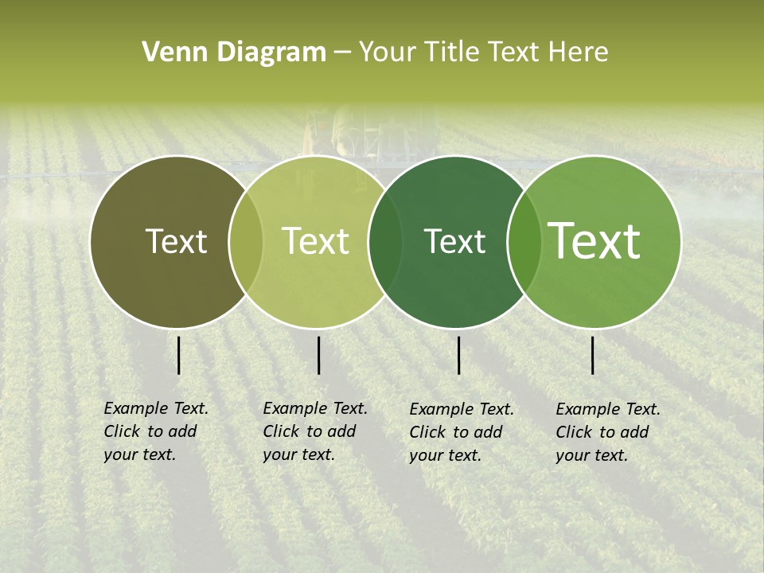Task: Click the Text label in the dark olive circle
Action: pyautogui.click(x=176, y=241)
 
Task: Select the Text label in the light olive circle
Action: pyautogui.click(x=315, y=241)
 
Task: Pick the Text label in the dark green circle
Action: pyautogui.click(x=454, y=241)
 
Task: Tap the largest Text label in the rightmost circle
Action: pyautogui.click(x=594, y=241)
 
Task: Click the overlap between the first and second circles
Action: pyautogui.click(x=246, y=241)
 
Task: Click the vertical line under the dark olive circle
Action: pyautogui.click(x=179, y=355)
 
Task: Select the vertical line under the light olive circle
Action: pyautogui.click(x=318, y=355)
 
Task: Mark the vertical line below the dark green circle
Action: pyautogui.click(x=459, y=355)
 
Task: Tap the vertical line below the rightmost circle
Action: pyautogui.click(x=593, y=355)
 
